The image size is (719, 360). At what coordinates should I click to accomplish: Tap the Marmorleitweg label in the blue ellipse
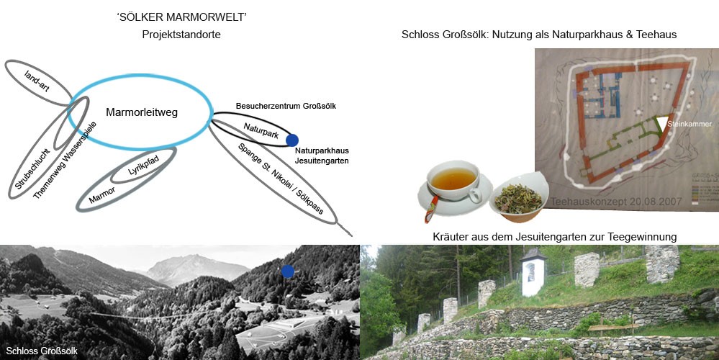pyautogui.click(x=141, y=112)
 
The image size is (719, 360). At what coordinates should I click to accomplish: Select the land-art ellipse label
pyautogui.click(x=37, y=80)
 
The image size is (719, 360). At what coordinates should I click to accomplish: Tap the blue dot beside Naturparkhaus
pyautogui.click(x=292, y=140)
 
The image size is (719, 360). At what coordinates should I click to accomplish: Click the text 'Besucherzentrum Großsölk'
pyautogui.click(x=286, y=107)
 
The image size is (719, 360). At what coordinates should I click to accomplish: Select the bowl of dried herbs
pyautogui.click(x=517, y=197)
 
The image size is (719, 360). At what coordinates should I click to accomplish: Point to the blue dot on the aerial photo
pyautogui.click(x=288, y=271)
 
